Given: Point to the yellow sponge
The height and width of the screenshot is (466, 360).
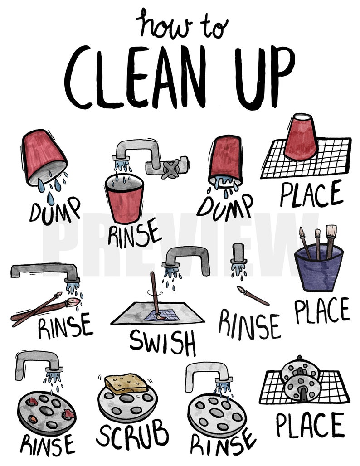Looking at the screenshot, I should pos(126,383).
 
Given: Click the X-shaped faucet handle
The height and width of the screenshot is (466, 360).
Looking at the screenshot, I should pos(169,169).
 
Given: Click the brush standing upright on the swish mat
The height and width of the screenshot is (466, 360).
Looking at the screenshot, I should pos(154,295).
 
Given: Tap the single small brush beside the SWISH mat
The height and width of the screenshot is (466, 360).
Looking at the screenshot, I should pos(253,296).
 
